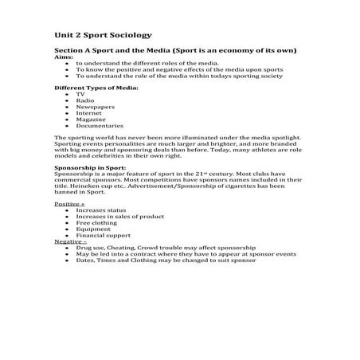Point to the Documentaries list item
pyautogui.click(x=100, y=126)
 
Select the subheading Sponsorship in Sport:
pyautogui.click(x=90, y=168)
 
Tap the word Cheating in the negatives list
pyautogui.click(x=124, y=247)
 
